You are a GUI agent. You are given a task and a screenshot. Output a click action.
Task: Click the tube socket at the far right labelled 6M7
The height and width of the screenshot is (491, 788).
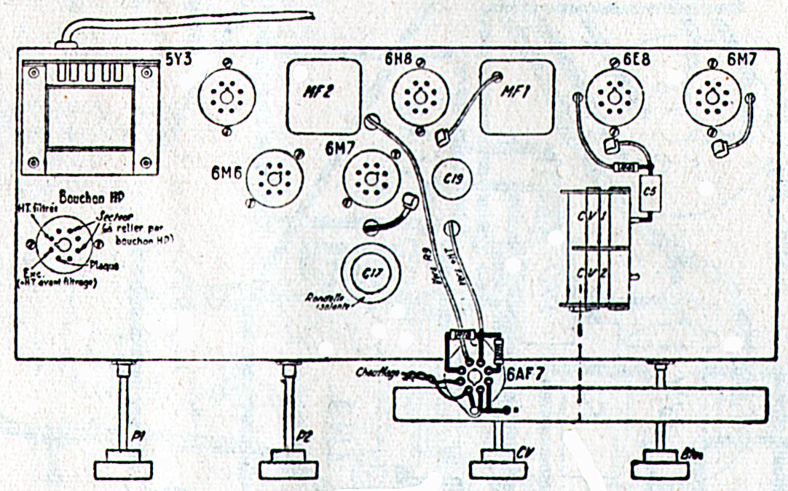[710, 95]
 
